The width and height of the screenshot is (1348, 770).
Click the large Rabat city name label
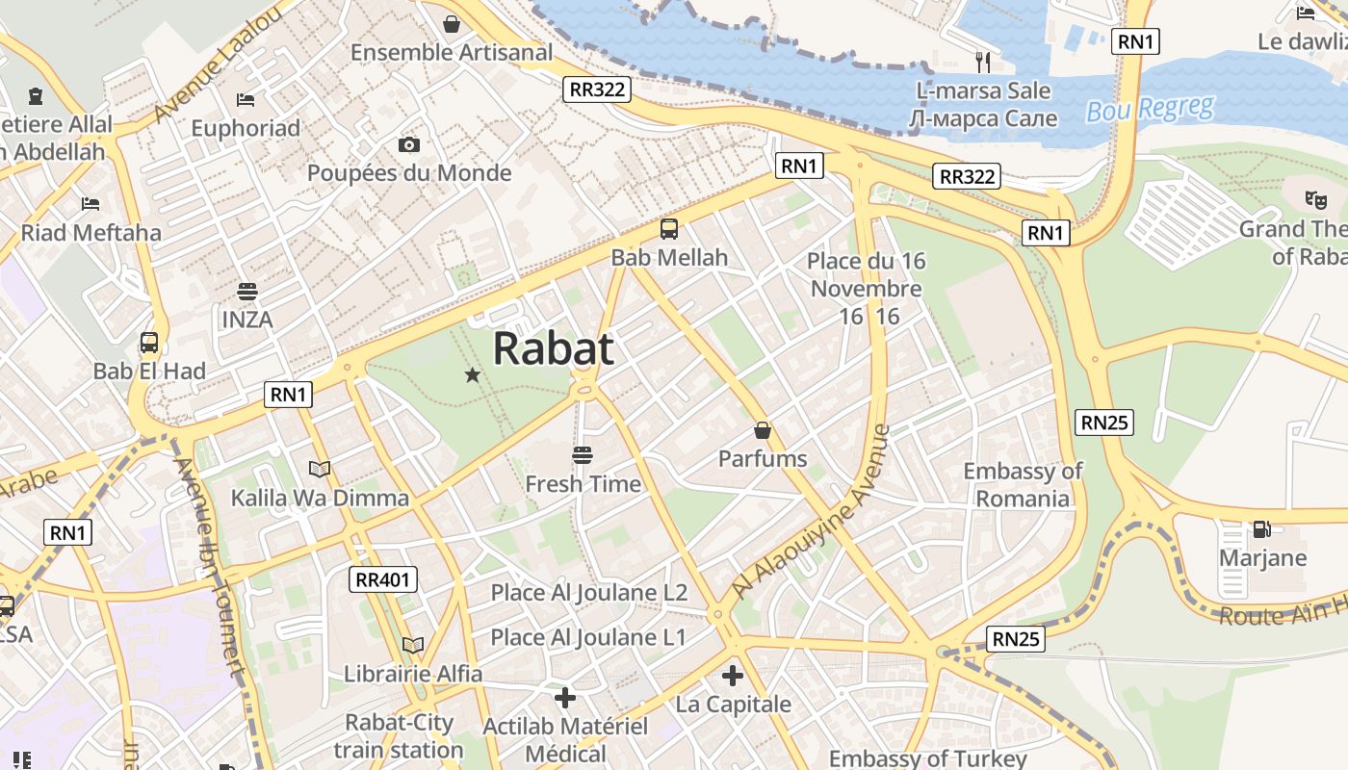(553, 348)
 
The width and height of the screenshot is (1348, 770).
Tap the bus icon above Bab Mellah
(669, 229)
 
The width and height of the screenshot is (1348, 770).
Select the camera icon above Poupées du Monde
(409, 144)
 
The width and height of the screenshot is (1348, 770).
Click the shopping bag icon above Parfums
(763, 429)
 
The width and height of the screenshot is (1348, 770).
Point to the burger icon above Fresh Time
(582, 454)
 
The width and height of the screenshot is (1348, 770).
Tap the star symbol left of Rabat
(472, 374)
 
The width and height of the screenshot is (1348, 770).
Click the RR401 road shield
(383, 579)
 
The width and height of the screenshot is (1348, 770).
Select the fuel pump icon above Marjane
(1260, 528)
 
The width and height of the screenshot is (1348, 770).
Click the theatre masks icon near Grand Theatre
(1315, 199)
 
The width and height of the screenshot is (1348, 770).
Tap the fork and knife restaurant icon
(982, 62)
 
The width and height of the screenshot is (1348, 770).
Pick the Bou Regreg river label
(1150, 109)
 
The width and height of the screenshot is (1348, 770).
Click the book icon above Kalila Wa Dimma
(320, 469)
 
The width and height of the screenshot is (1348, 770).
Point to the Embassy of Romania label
(1023, 484)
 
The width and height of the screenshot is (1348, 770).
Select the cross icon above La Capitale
(733, 675)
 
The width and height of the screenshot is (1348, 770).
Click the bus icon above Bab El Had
(149, 342)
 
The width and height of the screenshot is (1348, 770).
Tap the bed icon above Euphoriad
(246, 99)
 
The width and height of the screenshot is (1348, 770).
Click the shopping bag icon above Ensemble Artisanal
(451, 23)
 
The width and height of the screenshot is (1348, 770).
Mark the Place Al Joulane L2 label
(589, 592)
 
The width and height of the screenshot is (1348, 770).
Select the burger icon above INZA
(247, 291)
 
